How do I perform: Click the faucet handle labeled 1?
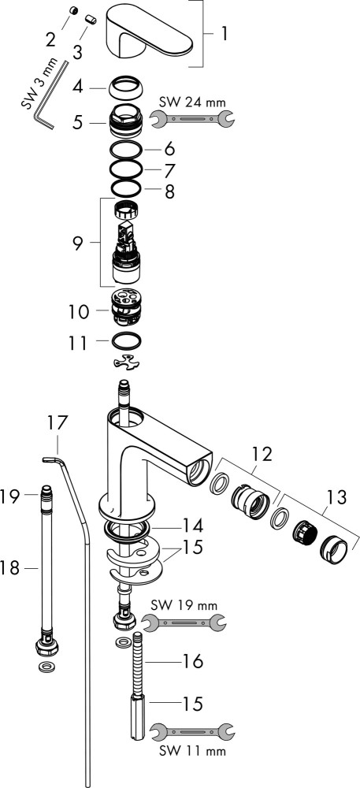[x=149, y=32]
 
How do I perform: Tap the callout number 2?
[x=50, y=39]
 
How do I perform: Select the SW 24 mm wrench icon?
[x=191, y=119]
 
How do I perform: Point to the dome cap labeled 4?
[x=125, y=89]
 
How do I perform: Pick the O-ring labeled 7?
[x=125, y=169]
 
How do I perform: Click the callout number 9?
[x=78, y=243]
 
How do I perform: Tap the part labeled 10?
[x=125, y=307]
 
